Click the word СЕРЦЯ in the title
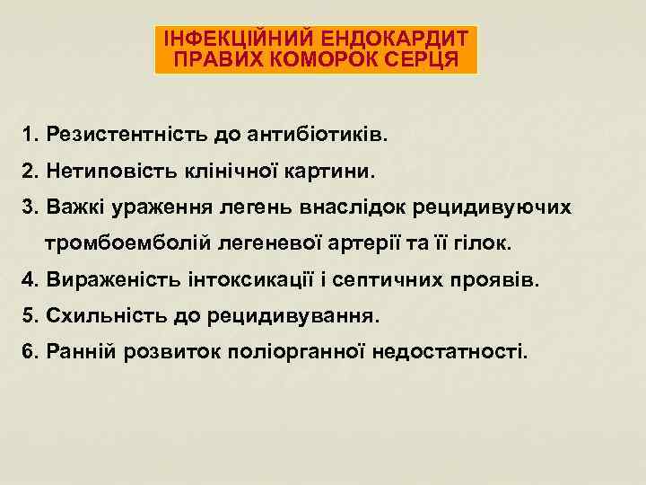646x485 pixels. point(424,60)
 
